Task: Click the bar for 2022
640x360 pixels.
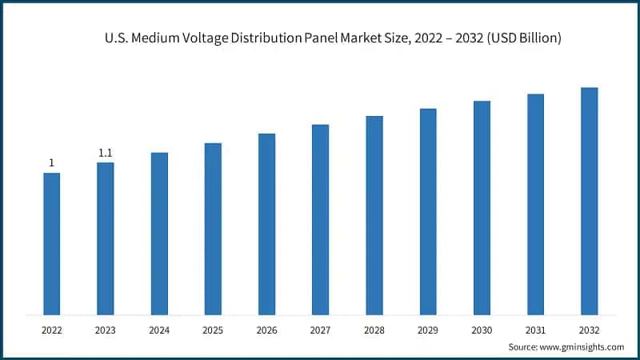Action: click(x=52, y=243)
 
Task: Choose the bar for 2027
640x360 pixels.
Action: click(x=320, y=219)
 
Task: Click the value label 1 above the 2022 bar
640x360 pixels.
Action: click(x=52, y=163)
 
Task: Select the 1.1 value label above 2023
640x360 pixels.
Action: click(x=106, y=153)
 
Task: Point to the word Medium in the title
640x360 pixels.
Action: click(x=156, y=38)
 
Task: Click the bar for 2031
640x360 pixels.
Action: click(x=535, y=204)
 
